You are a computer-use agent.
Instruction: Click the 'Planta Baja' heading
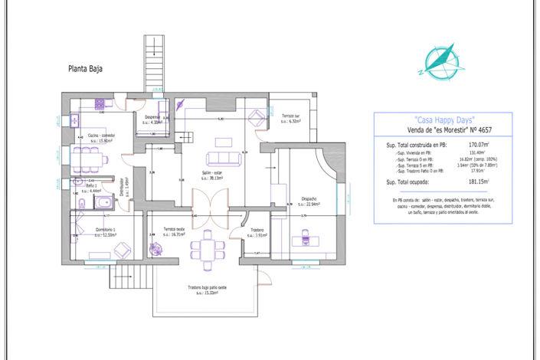(x=85, y=68)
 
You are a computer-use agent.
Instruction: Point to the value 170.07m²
(x=479, y=144)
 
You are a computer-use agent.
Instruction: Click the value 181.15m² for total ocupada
(x=480, y=182)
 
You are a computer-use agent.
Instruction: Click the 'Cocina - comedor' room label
(x=100, y=136)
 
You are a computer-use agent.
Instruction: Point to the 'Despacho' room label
(x=310, y=199)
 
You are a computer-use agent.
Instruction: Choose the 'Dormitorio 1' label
(x=105, y=230)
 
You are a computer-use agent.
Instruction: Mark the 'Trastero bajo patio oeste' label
(x=207, y=289)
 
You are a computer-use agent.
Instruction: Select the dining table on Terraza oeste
(x=205, y=249)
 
